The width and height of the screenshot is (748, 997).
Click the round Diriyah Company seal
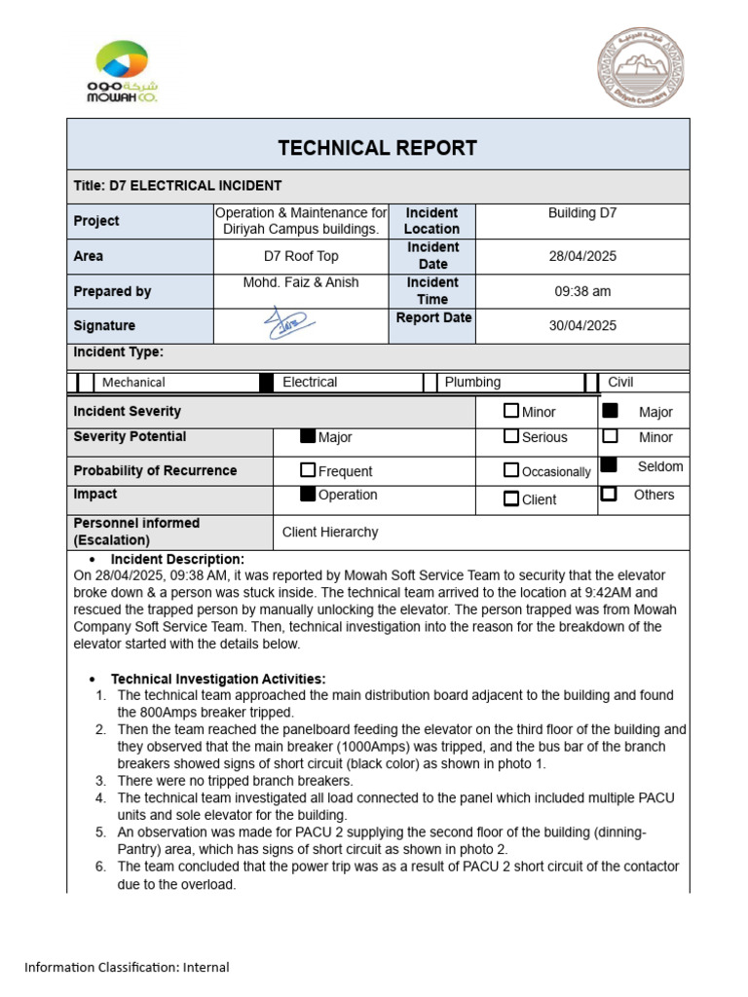641,68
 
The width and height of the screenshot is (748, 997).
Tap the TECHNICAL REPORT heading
377,148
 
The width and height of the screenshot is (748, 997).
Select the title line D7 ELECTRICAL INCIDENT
177,186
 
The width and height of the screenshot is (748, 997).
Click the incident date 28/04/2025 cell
582,256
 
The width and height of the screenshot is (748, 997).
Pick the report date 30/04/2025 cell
582,325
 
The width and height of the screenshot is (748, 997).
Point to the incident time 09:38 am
582,291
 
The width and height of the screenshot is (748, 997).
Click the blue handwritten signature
288,323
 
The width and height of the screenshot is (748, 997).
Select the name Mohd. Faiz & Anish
300,282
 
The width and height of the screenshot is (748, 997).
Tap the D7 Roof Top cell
301,256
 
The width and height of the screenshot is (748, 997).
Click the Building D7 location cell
582,212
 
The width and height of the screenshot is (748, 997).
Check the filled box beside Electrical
266,383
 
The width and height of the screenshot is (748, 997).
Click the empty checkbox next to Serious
511,437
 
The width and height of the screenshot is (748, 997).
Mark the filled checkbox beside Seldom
610,465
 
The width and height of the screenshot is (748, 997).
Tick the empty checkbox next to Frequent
308,470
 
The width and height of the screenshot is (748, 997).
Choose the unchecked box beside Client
511,499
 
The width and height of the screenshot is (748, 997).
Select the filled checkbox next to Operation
308,495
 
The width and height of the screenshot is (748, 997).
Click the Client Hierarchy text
330,533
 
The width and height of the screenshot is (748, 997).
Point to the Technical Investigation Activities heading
218,679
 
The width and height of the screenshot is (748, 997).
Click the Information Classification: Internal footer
127,967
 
